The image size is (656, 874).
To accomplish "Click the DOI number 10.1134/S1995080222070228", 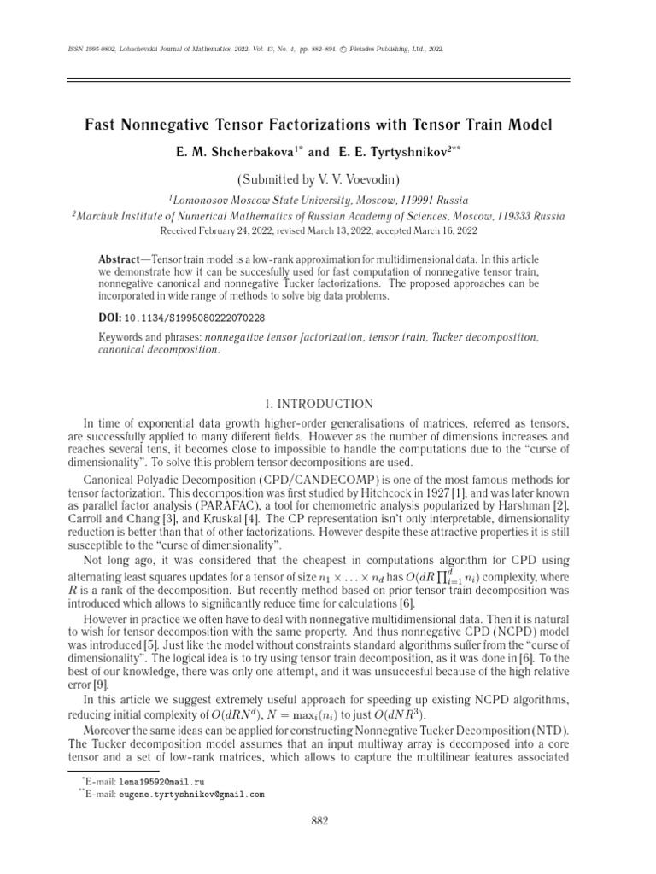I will (x=195, y=318).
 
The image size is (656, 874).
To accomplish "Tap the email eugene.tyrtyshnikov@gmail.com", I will (x=191, y=794).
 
